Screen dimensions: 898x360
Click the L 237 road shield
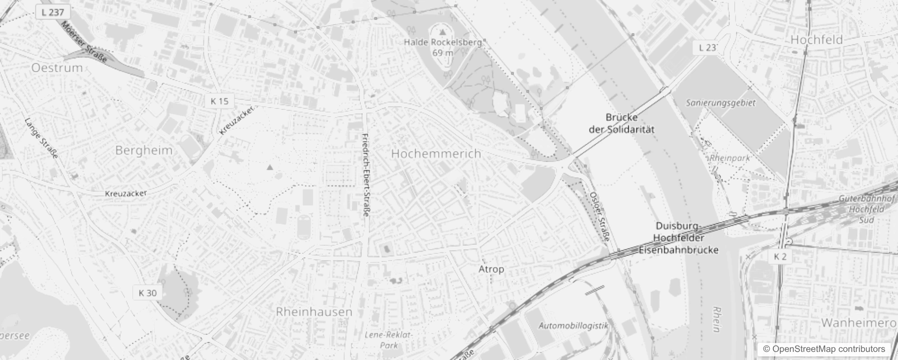[x=53, y=12]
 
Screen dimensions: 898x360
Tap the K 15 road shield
[x=220, y=101]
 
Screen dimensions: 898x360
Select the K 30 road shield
[x=148, y=293]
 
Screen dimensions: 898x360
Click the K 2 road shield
[x=780, y=256]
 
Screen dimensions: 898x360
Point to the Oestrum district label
[x=57, y=68]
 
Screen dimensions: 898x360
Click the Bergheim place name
[x=144, y=150]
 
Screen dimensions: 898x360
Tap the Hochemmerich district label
[x=436, y=154]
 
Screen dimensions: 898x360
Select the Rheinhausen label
[x=314, y=311]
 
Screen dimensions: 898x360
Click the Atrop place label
[x=491, y=269]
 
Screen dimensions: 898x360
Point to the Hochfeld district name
[x=817, y=40]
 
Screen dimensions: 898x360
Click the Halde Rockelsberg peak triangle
[x=443, y=32]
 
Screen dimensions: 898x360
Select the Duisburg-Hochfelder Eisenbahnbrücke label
[x=678, y=238]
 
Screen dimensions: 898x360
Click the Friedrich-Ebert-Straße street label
[x=366, y=175]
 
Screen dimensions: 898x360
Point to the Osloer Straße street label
[x=599, y=216]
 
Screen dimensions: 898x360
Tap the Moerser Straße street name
[x=85, y=41]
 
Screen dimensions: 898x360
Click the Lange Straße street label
[x=41, y=138]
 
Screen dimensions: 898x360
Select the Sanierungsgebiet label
[x=721, y=103]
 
